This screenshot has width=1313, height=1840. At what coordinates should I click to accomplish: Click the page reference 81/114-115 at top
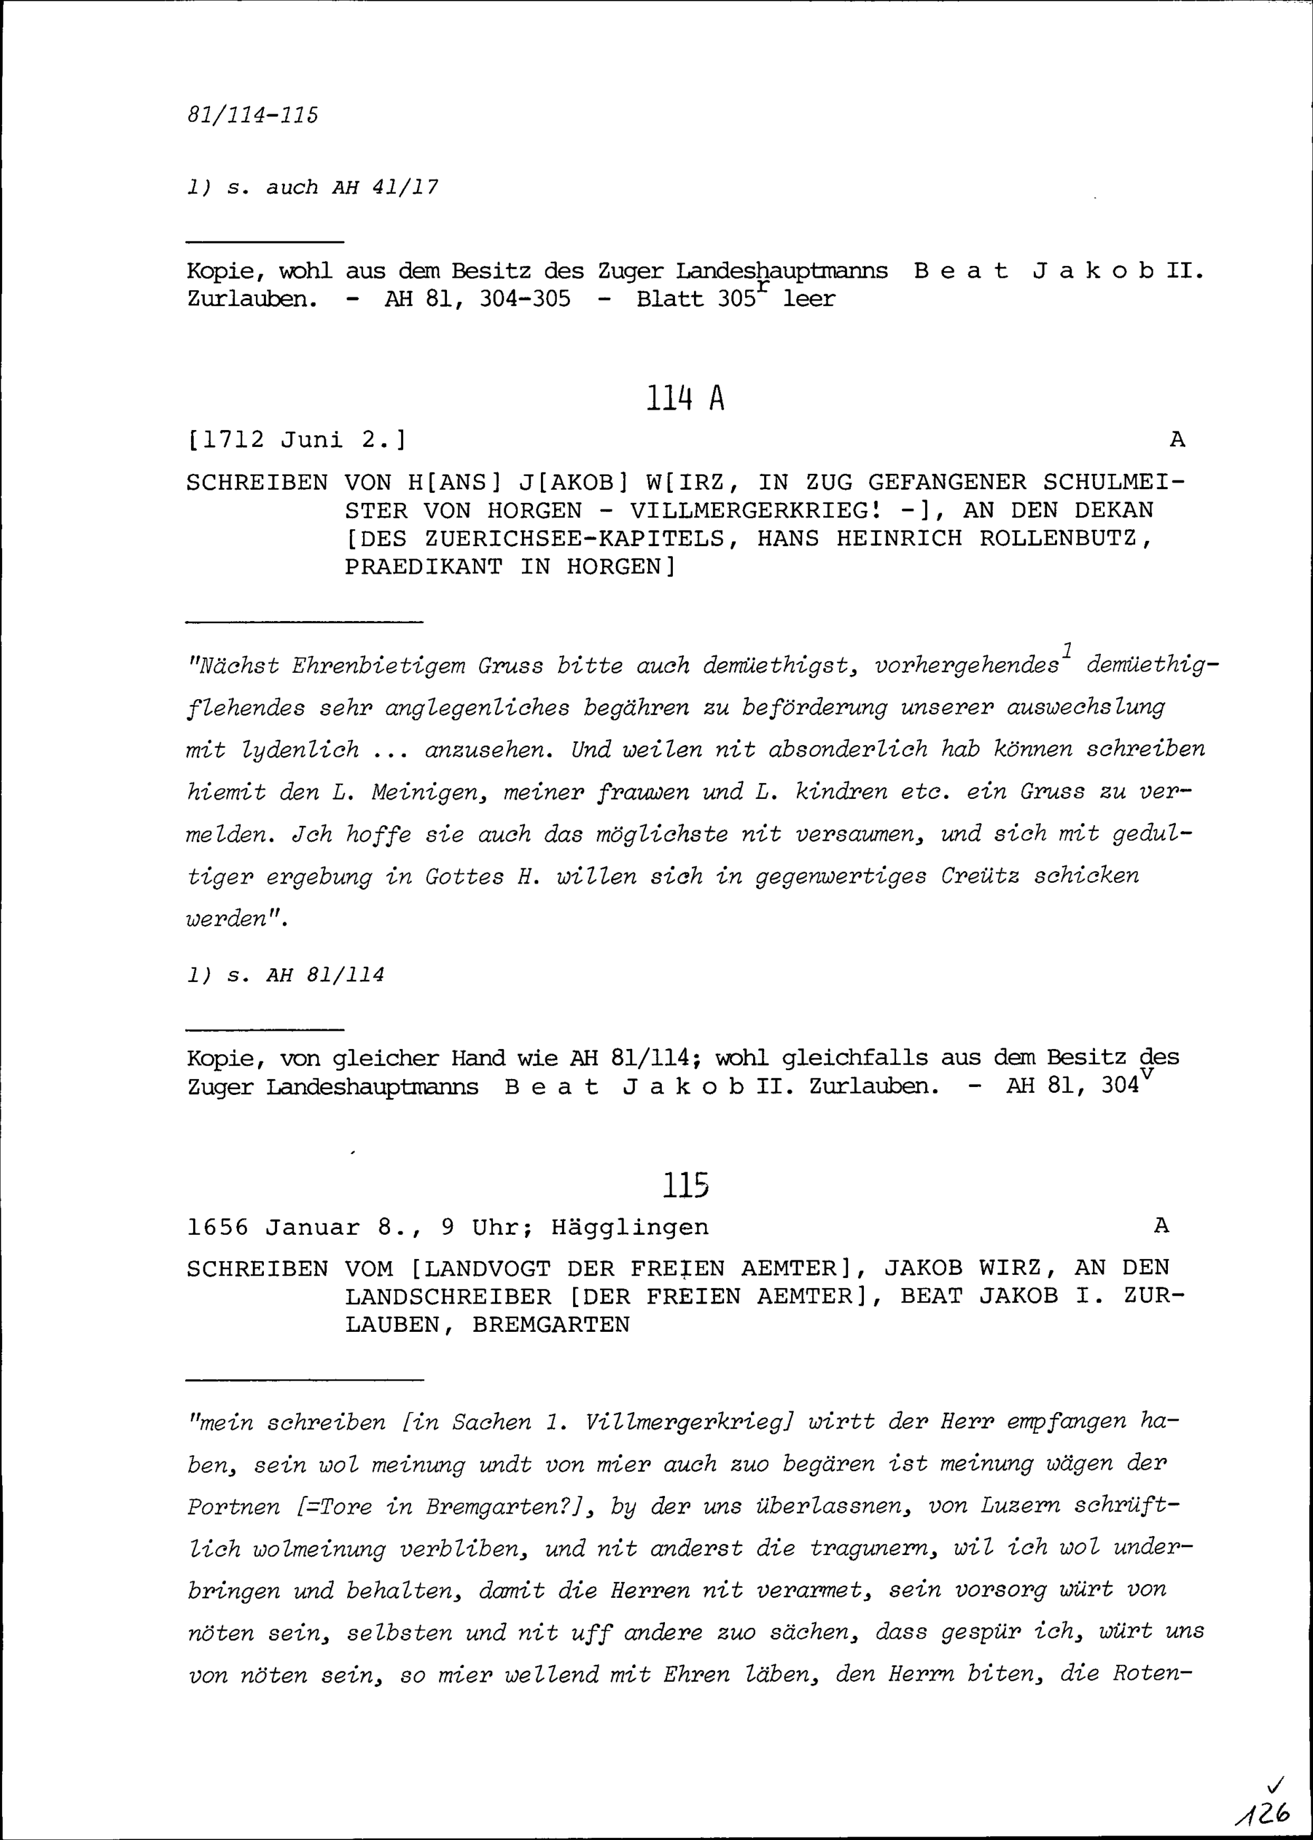[x=252, y=116]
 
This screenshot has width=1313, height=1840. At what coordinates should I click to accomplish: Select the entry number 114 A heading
[x=685, y=398]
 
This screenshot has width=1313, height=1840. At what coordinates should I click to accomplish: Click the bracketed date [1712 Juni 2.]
[x=297, y=440]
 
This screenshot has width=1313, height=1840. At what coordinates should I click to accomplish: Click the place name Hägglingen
[x=630, y=1227]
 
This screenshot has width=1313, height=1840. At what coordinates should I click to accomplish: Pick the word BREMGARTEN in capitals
[x=551, y=1324]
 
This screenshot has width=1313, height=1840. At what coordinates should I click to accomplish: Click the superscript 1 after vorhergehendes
[x=1067, y=649]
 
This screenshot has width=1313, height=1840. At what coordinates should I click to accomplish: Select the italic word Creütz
[x=980, y=876]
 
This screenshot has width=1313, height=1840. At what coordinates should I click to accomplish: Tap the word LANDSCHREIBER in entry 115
[x=448, y=1296]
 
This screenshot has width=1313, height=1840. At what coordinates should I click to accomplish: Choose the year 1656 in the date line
[x=217, y=1227]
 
